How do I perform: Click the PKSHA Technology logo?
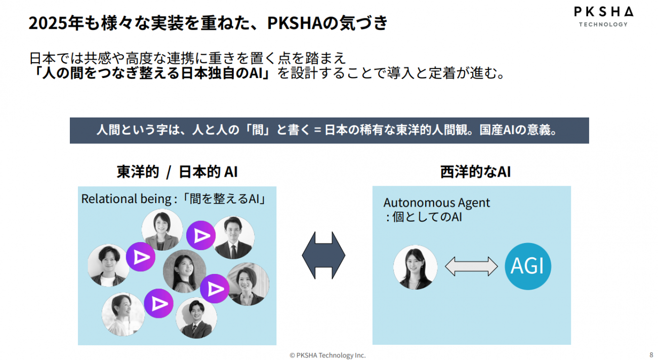coord(603,16)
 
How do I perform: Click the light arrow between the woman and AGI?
coord(471,266)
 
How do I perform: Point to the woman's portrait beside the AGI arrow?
coord(416,267)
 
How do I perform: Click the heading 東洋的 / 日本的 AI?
coord(177,172)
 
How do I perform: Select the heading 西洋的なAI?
coord(475,172)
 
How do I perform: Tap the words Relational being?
coord(126,199)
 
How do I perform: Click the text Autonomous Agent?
coord(437,203)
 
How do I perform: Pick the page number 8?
coord(651,354)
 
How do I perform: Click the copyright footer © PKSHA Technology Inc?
coord(327,355)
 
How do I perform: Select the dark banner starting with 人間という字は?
coord(329,130)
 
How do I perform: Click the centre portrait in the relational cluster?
coord(184,271)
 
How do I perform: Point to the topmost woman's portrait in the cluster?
coord(162,230)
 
